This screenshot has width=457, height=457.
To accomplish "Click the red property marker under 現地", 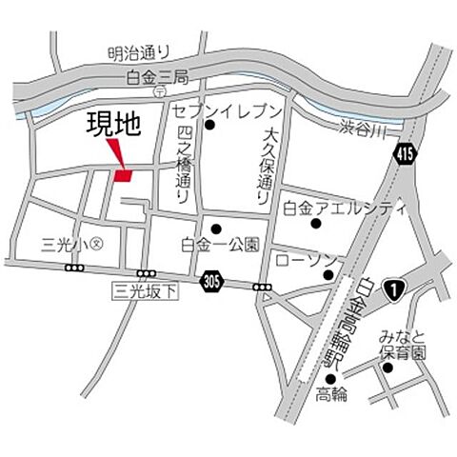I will [122, 175].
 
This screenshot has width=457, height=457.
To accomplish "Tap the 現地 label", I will [108, 126].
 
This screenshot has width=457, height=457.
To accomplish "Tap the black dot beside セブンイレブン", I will [211, 124].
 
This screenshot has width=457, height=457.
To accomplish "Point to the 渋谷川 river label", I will [360, 128].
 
